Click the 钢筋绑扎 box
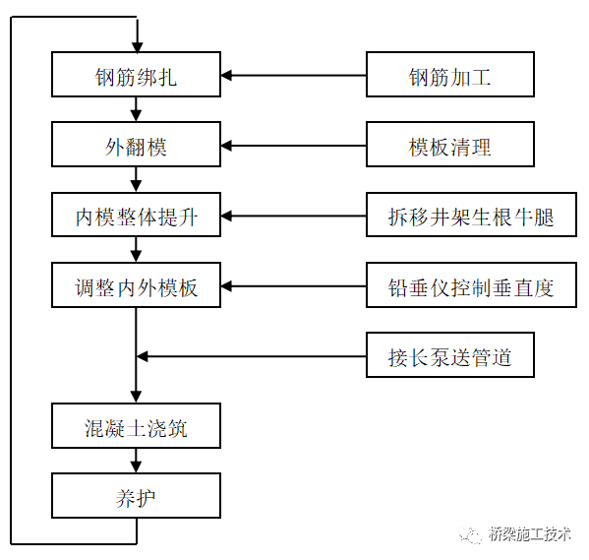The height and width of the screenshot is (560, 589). coord(137,76)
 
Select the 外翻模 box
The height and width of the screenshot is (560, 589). coord(137,147)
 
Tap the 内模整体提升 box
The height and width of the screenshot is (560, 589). coord(137,217)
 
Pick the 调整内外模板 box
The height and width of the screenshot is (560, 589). coord(137,287)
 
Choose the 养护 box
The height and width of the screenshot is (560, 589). coord(137,495)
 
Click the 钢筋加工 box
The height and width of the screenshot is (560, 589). coord(449,76)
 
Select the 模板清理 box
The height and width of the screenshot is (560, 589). coord(449,147)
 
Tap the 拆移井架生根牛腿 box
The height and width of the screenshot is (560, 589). coord(449,217)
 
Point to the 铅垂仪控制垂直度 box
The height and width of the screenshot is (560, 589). coord(449,287)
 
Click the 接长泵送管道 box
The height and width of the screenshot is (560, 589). coord(449,356)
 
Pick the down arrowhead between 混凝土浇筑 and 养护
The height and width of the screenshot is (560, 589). coord(137,467)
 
